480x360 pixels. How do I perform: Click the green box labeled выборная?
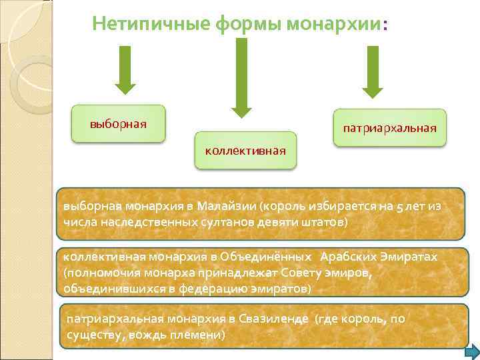pyautogui.click(x=119, y=124)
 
